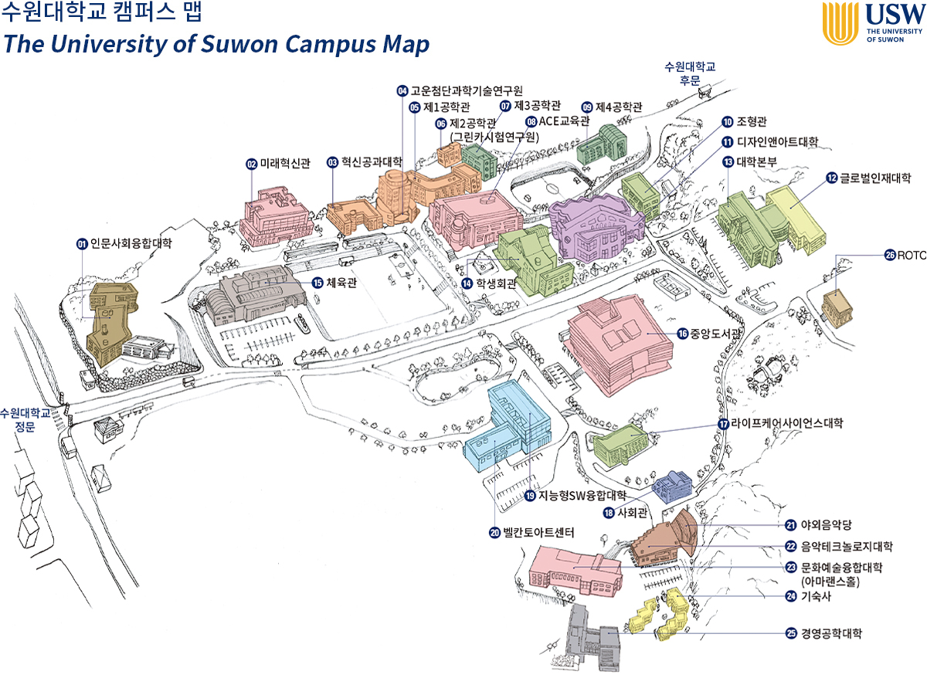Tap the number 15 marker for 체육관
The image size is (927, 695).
(x=317, y=283)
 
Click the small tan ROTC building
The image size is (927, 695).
(x=837, y=307)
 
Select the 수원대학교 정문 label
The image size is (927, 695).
(x=25, y=420)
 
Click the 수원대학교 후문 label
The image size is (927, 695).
(x=689, y=73)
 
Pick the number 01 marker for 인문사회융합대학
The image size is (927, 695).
(x=82, y=244)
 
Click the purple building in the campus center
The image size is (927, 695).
(x=595, y=228)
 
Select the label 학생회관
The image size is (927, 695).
(x=495, y=283)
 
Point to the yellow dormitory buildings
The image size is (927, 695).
(x=660, y=614)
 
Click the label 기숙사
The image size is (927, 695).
(x=817, y=596)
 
